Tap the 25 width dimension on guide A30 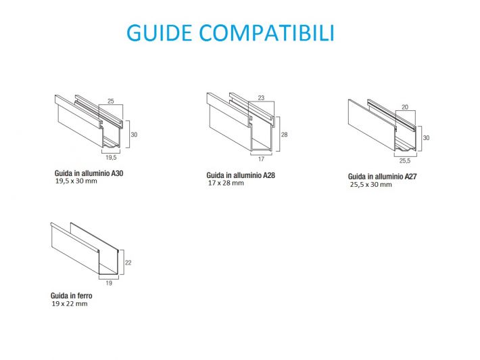(111, 101)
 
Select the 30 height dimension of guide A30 (134, 135)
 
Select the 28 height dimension (284, 135)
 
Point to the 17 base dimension (260, 160)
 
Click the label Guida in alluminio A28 (241, 175)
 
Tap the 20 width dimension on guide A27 (404, 106)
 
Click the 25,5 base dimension (404, 162)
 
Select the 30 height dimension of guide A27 (427, 137)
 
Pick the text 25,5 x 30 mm (370, 184)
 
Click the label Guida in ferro (71, 296)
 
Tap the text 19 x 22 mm (69, 304)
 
